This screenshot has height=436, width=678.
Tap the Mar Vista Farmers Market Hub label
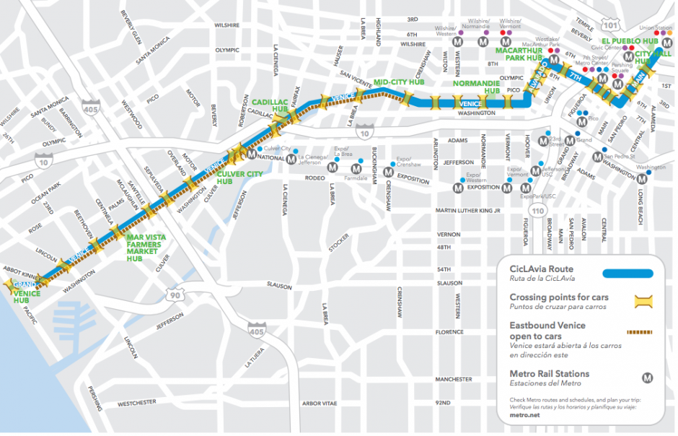[x=146, y=248]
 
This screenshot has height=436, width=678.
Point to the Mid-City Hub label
[x=398, y=82]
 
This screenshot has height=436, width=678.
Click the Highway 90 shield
[x=179, y=295]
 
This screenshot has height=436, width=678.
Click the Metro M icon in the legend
[x=648, y=377]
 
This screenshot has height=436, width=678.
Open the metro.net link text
[x=524, y=416]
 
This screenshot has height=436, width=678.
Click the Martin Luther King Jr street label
[x=467, y=211]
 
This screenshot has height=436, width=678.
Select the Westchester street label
[x=138, y=404]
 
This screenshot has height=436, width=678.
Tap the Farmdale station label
[x=356, y=177]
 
